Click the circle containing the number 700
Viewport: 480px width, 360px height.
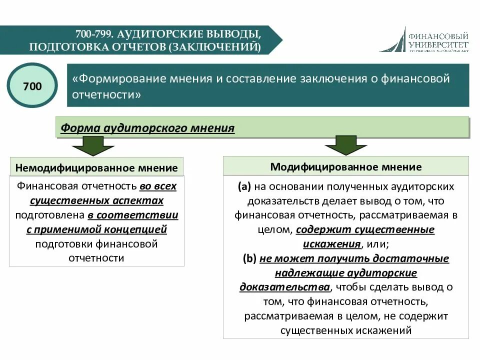pos(32,86)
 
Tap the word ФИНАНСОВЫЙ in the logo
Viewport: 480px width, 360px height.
pos(438,36)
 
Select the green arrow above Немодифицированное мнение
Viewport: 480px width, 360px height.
pos(88,146)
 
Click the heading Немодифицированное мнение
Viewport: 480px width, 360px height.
pos(96,167)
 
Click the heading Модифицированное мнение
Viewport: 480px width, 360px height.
pos(346,166)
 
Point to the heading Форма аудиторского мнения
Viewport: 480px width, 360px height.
pos(147,127)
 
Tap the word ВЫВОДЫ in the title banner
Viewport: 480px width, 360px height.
pos(234,34)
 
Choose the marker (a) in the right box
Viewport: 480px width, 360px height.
pos(244,186)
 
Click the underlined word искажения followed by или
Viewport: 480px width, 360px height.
pos(331,244)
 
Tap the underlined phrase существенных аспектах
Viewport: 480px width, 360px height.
pos(96,200)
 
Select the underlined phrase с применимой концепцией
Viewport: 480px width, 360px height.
pos(96,229)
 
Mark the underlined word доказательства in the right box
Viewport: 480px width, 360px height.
pos(284,287)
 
